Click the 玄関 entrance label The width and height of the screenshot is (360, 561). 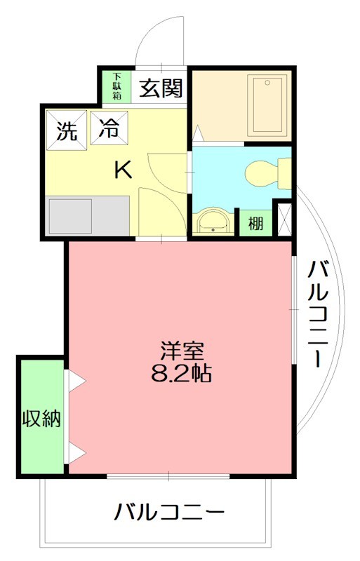coord(161,88)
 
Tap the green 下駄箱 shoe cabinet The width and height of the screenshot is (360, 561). coord(117,86)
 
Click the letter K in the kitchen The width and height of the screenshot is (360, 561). coord(123,169)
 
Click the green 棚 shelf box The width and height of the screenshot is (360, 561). coord(256,224)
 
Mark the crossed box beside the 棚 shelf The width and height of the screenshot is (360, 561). coord(285,218)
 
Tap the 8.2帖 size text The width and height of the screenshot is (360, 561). coord(181,372)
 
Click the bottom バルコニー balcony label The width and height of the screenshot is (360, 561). coord(170,513)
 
